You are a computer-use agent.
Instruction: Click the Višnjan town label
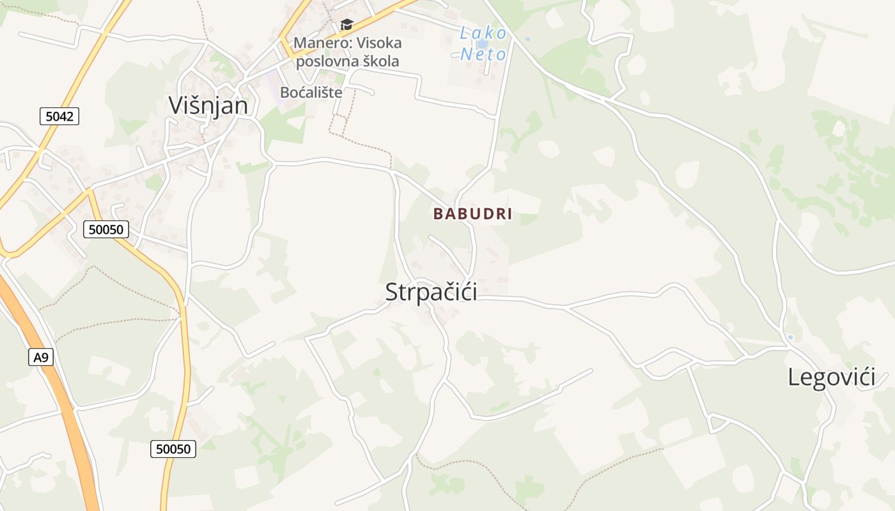point(208,105)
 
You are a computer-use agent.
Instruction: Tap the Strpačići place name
point(431,292)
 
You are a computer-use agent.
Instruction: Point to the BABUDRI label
point(473,214)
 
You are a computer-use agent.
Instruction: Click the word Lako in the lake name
point(483,33)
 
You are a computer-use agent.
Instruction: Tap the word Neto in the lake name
point(483,54)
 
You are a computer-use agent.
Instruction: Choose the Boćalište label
point(311,92)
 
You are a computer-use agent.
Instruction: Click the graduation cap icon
point(346,24)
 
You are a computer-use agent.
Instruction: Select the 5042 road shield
point(59,116)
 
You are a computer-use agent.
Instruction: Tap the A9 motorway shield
point(41,357)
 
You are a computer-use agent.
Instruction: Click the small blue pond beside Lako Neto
point(483,44)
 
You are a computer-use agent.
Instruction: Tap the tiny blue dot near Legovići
point(790,337)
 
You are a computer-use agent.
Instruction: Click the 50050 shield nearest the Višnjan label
point(106,229)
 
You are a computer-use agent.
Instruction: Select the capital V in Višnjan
point(176,105)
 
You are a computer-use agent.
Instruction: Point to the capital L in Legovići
point(793,377)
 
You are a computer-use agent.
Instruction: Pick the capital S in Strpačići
point(391,292)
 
